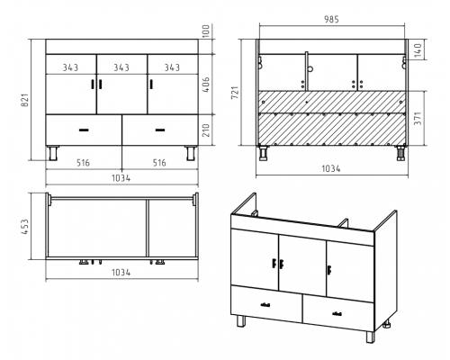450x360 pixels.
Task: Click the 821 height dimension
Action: [x=25, y=100]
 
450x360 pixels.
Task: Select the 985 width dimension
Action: [x=331, y=19]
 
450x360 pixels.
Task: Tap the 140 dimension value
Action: [x=418, y=50]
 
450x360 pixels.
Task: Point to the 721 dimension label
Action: [x=235, y=93]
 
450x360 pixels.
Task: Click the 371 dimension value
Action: [x=418, y=118]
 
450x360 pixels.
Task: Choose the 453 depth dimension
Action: [x=25, y=227]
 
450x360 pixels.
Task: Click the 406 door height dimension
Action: [x=206, y=85]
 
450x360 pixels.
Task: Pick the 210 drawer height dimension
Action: [x=206, y=130]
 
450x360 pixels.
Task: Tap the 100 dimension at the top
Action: [x=206, y=31]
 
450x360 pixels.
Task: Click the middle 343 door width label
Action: [x=121, y=67]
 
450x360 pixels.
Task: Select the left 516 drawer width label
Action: [x=83, y=163]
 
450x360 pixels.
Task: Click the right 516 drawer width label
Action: [x=159, y=163]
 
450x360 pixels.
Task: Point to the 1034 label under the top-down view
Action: [x=121, y=273]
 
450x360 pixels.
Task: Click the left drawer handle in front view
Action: [x=84, y=130]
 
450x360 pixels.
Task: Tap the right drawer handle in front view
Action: [x=160, y=130]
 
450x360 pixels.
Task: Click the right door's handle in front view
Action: [x=151, y=84]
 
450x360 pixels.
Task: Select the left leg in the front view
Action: [x=53, y=153]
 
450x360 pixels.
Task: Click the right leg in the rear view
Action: [x=400, y=153]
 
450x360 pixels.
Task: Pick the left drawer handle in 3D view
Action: [x=265, y=305]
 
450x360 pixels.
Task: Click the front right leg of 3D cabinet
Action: [x=370, y=337]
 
